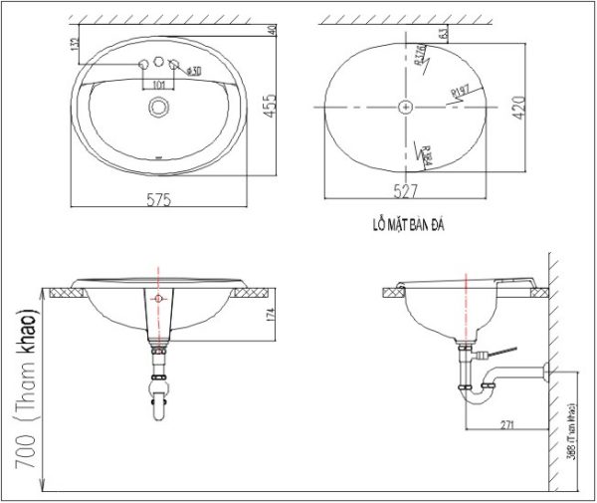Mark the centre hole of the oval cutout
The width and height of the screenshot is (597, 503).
406,105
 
